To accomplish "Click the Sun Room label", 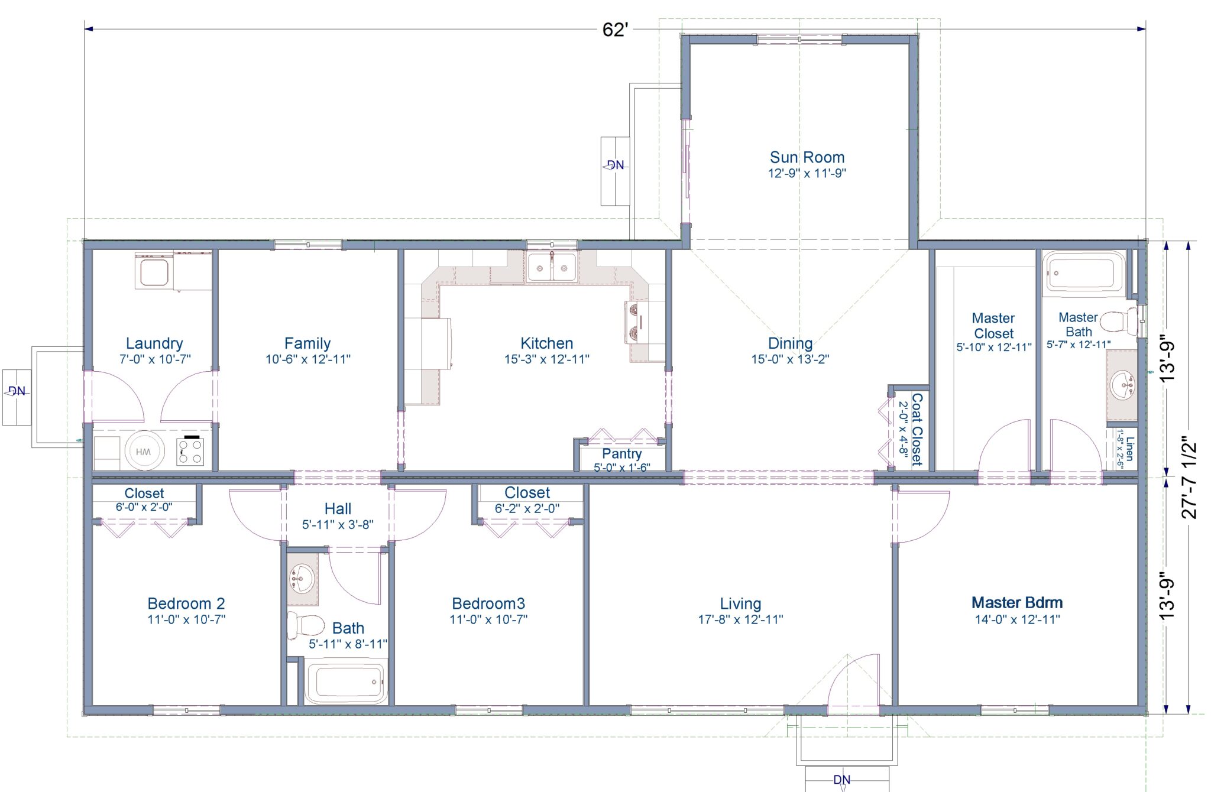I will click(x=807, y=157).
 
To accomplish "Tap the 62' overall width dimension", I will click(x=614, y=30).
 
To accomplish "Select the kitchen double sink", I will click(x=552, y=268).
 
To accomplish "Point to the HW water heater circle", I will click(x=144, y=452).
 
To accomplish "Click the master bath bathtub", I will click(x=1083, y=273).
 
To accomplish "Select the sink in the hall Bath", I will click(x=302, y=577).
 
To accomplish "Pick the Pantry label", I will click(x=621, y=453).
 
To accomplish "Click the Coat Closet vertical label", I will click(x=917, y=430).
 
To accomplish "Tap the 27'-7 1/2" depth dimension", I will click(x=1189, y=478).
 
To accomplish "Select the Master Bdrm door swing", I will click(x=922, y=517).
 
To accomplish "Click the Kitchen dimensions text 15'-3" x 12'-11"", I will click(x=546, y=359).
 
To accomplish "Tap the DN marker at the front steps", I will click(x=842, y=780).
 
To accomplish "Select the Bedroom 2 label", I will click(x=186, y=603).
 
